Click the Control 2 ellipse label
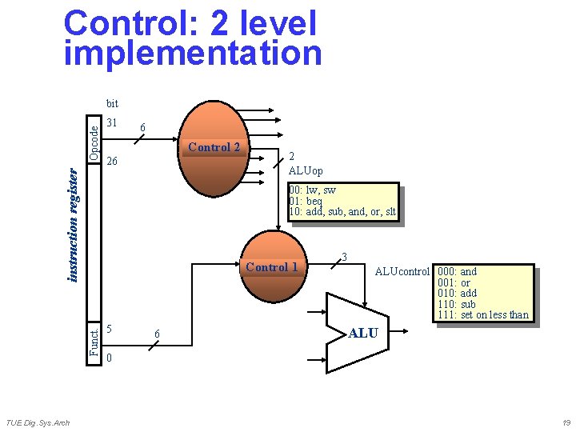(214, 147)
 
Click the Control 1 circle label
(271, 267)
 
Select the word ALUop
(306, 171)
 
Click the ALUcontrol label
(402, 272)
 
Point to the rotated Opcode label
(94, 141)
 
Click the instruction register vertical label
(73, 224)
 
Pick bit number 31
(112, 123)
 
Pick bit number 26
(112, 162)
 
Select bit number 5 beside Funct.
(110, 329)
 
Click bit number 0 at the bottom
(110, 358)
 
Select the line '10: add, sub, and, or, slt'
(342, 211)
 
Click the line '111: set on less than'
(482, 314)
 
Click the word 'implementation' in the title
(193, 54)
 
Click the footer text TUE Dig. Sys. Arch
(38, 422)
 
